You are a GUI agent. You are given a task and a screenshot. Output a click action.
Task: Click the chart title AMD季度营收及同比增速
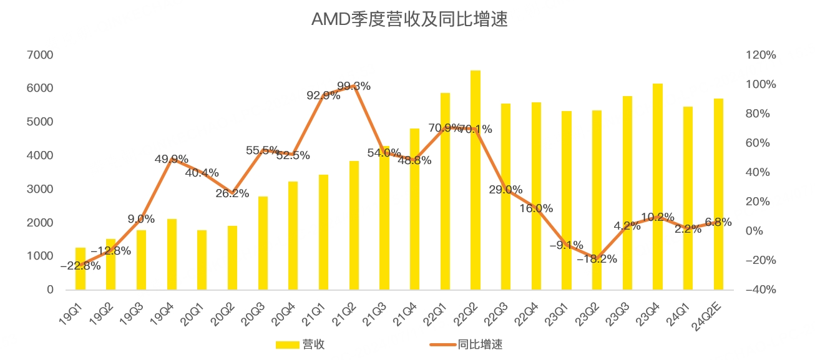[x=409, y=19]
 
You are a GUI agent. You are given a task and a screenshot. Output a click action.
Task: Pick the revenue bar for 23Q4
[x=658, y=187]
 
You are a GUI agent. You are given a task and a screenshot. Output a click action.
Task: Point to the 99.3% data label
[x=354, y=86]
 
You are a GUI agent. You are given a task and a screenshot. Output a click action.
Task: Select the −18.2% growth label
[x=597, y=258]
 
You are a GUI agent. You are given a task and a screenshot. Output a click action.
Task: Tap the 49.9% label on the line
[x=172, y=159]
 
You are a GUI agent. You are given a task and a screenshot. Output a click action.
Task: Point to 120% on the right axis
[x=761, y=55]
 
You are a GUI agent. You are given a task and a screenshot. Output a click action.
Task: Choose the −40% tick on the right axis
[x=761, y=289]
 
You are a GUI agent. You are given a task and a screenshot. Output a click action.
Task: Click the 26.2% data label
[x=232, y=193]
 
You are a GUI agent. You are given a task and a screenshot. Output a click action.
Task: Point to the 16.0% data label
[x=536, y=208]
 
